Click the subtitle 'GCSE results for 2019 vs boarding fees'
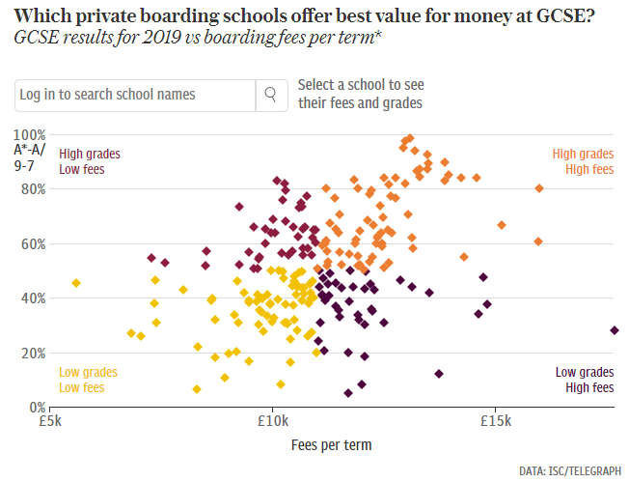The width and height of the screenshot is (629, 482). click(x=198, y=39)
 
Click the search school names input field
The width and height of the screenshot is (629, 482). click(x=135, y=95)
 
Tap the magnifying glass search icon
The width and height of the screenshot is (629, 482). click(x=271, y=95)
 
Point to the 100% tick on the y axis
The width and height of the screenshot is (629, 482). click(x=29, y=134)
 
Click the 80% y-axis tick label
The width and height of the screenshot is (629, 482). click(x=32, y=189)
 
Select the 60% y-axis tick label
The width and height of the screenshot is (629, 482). click(x=32, y=243)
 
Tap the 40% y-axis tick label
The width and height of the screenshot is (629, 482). click(x=32, y=298)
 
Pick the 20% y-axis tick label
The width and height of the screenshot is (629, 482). click(x=32, y=353)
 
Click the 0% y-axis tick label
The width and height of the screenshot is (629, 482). click(x=36, y=407)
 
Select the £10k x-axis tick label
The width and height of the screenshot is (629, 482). click(x=272, y=421)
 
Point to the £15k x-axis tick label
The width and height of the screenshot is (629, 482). click(x=495, y=421)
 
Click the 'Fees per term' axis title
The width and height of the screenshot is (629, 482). click(x=331, y=445)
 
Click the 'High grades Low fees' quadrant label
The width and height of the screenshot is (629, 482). click(x=89, y=161)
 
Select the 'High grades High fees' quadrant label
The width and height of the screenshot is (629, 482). click(x=583, y=161)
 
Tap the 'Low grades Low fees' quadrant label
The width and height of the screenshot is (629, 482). click(x=88, y=380)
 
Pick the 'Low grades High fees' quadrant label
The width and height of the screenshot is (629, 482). click(x=585, y=380)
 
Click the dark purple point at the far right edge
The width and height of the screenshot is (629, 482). click(x=615, y=330)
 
